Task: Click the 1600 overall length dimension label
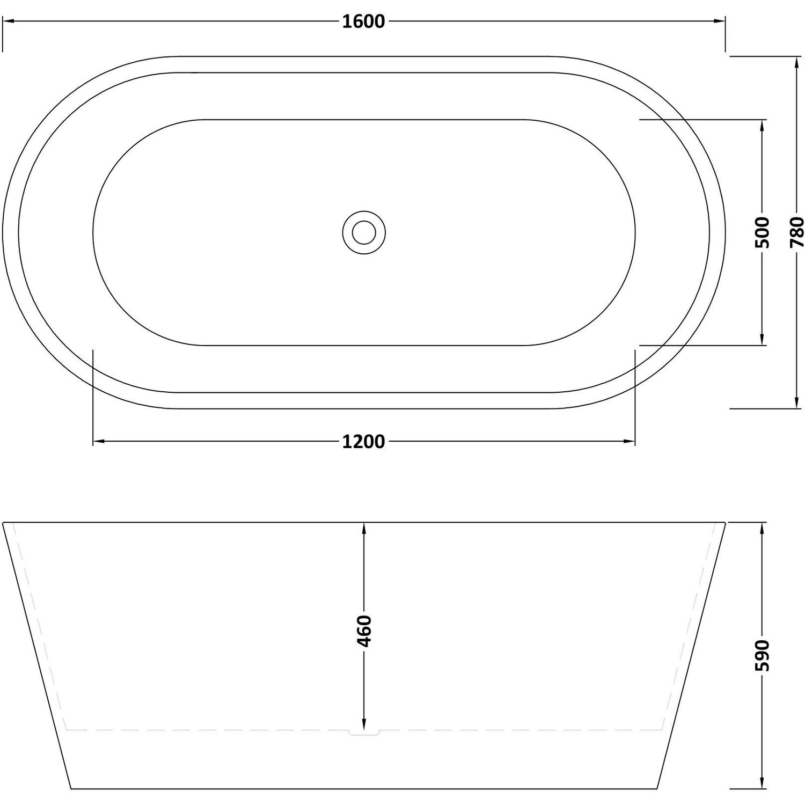tap(363, 22)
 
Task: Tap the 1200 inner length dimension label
tap(363, 442)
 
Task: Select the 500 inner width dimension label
tap(762, 232)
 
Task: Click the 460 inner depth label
tap(364, 631)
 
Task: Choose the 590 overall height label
tap(762, 655)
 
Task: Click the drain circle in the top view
tap(364, 232)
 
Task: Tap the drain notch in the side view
tap(364, 731)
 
